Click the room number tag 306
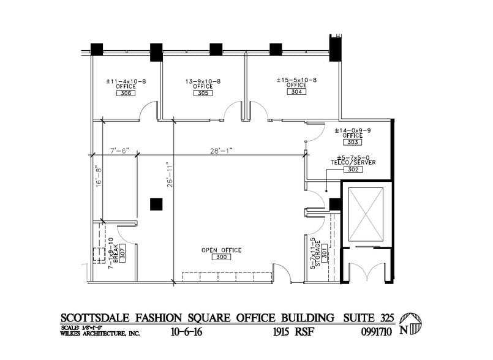coord(126,94)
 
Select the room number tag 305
coord(203,94)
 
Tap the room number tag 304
coord(296,92)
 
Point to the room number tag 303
coord(352,142)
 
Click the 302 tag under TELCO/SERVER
coord(352,169)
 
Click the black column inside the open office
coord(157,204)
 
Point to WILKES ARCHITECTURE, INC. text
coord(100,333)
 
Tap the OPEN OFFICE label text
coord(221,250)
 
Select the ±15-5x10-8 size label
coord(296,80)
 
